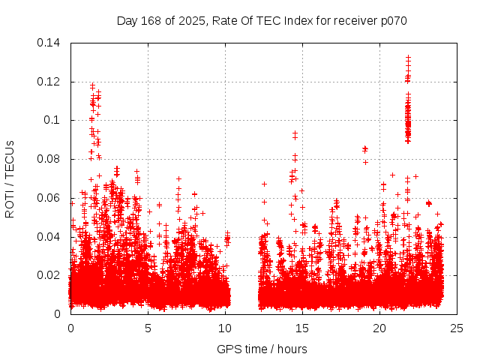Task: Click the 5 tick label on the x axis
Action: coord(148,328)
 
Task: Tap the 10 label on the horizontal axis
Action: coord(225,328)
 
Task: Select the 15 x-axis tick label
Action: coord(302,328)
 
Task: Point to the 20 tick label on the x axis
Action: coord(379,328)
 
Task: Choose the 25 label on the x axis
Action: coord(457,328)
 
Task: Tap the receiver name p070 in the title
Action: coord(392,21)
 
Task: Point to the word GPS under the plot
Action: coord(228,349)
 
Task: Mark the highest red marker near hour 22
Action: coord(408,57)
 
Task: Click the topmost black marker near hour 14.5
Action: coord(295,133)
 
